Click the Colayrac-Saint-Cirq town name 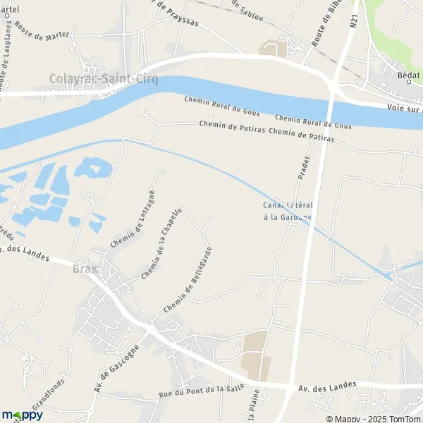[x=103, y=80]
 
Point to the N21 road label [x=353, y=23]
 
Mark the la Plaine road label [x=251, y=407]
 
